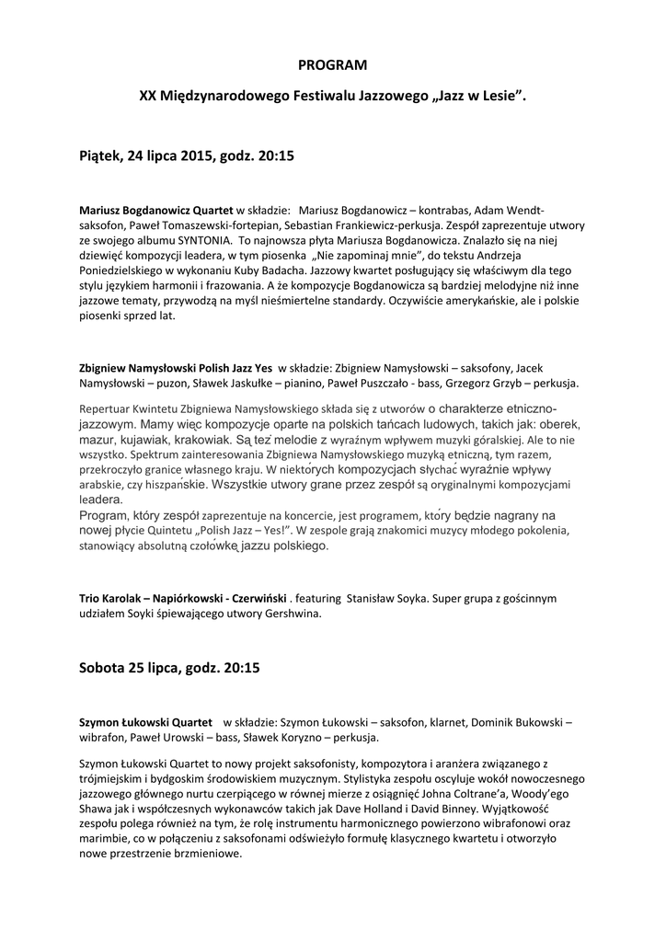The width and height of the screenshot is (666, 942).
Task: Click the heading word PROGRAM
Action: [332, 65]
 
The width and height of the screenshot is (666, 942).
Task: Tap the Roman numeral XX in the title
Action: [147, 95]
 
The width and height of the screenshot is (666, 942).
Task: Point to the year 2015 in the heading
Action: [196, 156]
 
